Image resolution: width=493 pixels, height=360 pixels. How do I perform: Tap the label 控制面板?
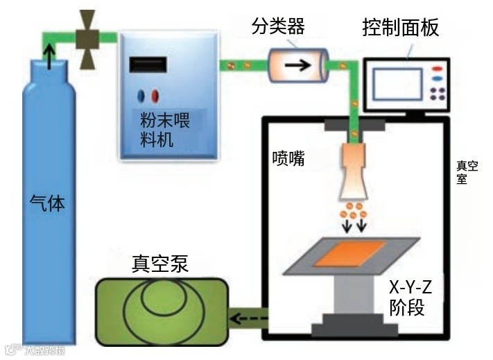click(400, 28)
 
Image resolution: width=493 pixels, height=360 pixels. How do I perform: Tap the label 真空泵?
click(159, 264)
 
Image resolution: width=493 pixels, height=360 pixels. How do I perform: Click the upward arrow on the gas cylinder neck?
click(48, 55)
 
